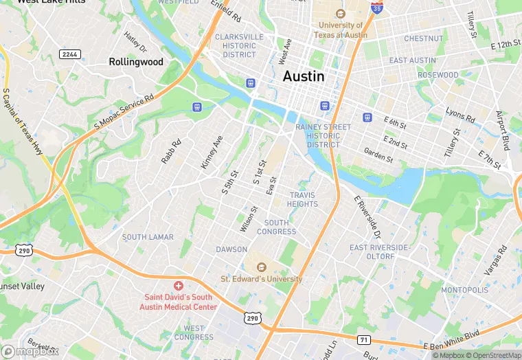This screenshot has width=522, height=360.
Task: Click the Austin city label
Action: (x=304, y=76)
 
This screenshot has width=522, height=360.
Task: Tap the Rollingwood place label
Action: (x=136, y=62)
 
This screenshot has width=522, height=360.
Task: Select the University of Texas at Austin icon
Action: (x=339, y=14)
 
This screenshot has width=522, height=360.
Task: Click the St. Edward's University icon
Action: (x=261, y=267)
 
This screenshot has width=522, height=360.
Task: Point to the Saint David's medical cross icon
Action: (x=179, y=285)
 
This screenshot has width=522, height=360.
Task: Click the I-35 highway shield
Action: (x=376, y=8)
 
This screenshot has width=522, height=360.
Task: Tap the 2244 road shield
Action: (x=69, y=54)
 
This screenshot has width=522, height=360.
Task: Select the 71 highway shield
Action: (x=365, y=340)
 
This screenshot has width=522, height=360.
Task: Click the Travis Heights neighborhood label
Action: (x=302, y=199)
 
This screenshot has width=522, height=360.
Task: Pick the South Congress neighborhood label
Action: (x=277, y=227)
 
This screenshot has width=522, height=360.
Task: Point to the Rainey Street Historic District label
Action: (x=323, y=136)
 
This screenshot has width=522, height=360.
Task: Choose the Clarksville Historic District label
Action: (x=239, y=45)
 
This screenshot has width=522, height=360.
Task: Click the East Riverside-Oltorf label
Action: (x=378, y=251)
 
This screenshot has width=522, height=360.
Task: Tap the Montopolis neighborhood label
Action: (x=464, y=290)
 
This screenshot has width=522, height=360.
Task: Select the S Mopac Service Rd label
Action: (x=124, y=109)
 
